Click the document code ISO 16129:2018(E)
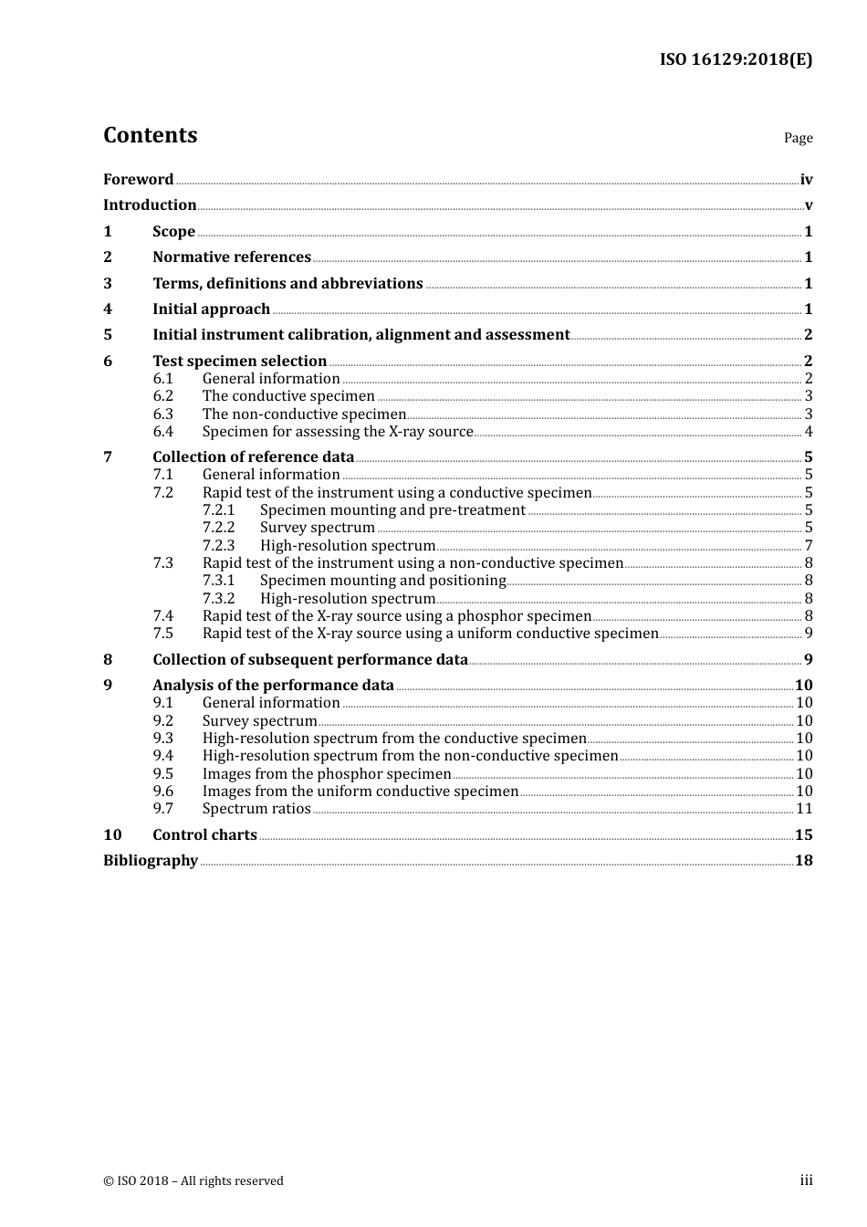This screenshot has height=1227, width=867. tap(736, 59)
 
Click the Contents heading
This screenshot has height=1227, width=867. tap(150, 135)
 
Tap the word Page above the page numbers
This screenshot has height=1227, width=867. tap(798, 138)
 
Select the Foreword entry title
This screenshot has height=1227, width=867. tap(138, 179)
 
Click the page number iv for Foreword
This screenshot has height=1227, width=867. tap(806, 180)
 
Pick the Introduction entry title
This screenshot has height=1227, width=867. tap(150, 205)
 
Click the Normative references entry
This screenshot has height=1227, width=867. tap(232, 257)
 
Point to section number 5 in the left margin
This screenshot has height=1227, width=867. tap(108, 335)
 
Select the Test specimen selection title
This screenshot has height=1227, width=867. tap(239, 362)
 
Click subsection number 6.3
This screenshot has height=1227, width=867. tap(163, 414)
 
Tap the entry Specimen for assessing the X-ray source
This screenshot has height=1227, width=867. tap(338, 432)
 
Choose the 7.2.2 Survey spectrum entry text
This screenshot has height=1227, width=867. tap(317, 528)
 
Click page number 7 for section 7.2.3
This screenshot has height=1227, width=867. tap(808, 546)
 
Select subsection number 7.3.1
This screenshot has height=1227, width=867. tap(218, 581)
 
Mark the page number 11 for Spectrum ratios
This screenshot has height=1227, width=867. tap(804, 809)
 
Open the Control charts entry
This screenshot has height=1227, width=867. tap(204, 835)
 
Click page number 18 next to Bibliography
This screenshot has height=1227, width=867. tap(803, 861)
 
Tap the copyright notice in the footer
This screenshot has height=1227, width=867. tap(193, 1180)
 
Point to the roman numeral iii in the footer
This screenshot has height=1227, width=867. tap(806, 1180)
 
